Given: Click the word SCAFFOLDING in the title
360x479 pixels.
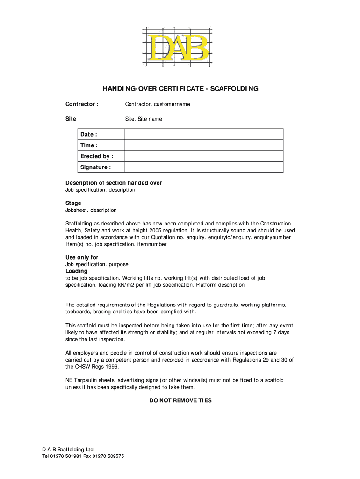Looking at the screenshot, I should point(232,88).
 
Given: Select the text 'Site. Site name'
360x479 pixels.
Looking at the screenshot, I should point(144,119).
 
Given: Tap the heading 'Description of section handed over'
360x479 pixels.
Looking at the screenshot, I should point(114,183).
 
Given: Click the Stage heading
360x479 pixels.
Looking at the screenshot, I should point(73,203).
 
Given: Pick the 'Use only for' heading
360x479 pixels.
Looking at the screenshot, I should point(82,257).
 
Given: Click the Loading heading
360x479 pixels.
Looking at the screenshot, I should point(76,271).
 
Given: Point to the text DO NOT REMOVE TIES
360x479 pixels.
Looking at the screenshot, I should point(180,400).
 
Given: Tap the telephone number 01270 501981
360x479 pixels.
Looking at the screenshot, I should point(67,457).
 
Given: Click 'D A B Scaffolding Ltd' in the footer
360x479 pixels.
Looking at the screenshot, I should point(68,450).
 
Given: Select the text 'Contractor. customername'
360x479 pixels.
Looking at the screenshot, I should point(158,104).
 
